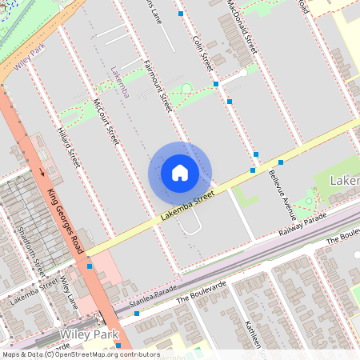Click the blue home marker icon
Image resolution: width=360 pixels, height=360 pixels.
(x=180, y=172)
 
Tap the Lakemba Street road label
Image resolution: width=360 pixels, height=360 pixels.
(x=188, y=203)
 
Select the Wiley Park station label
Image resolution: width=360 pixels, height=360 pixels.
(x=89, y=334)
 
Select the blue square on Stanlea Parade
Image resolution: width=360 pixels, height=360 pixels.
(x=137, y=314)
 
